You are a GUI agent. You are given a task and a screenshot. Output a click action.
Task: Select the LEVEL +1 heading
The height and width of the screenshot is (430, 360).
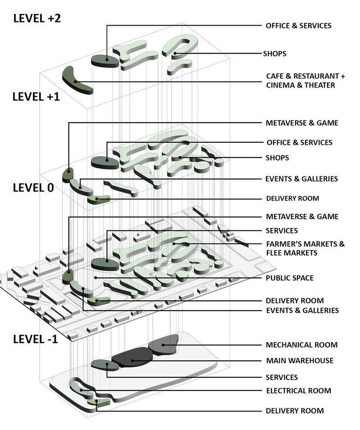(x=37, y=96)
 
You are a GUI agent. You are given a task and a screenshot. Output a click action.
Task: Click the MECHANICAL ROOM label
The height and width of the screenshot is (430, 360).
(x=301, y=345)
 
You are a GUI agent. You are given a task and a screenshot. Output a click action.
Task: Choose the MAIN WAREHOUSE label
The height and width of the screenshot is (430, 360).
(x=299, y=361)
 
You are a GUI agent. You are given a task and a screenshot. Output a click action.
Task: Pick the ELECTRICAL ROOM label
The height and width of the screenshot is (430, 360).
(x=298, y=391)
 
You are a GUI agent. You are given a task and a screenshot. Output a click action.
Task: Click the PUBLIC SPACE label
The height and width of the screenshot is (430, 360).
(x=289, y=278)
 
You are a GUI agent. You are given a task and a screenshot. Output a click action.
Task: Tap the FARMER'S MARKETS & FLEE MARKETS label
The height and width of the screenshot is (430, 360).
(x=305, y=249)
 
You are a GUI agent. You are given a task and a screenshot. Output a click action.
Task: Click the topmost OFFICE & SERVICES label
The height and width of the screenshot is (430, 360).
(x=298, y=25)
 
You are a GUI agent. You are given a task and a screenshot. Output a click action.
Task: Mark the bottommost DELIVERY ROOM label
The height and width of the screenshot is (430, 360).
(x=295, y=411)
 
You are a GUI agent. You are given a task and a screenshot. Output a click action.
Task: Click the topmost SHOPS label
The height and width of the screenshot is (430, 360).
(x=274, y=54)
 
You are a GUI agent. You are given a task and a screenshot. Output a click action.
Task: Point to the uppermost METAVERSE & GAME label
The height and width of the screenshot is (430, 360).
(x=301, y=123)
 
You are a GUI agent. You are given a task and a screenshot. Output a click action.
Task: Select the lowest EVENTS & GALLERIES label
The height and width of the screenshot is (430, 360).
(x=302, y=310)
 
